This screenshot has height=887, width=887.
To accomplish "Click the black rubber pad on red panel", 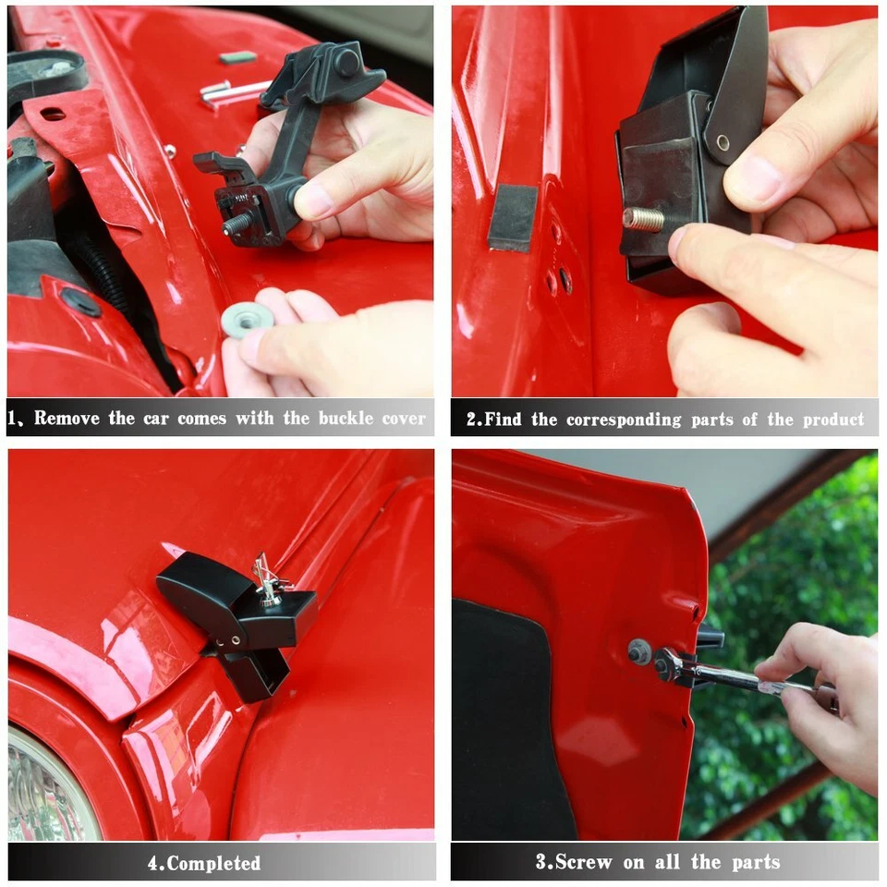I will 512,217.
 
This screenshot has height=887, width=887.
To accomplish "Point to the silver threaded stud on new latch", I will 644,220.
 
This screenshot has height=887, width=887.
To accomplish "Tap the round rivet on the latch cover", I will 722,142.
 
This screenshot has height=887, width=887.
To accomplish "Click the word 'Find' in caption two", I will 504,419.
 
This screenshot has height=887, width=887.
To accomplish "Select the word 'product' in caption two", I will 833,419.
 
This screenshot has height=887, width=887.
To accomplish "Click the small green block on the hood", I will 237,57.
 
